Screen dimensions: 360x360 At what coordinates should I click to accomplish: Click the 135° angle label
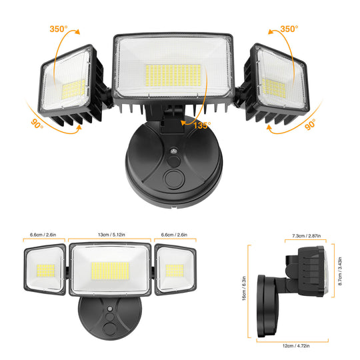(202, 124)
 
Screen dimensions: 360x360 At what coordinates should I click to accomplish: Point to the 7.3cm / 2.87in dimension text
(305, 236)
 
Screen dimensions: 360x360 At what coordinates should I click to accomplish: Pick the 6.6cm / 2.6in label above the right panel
(175, 235)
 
